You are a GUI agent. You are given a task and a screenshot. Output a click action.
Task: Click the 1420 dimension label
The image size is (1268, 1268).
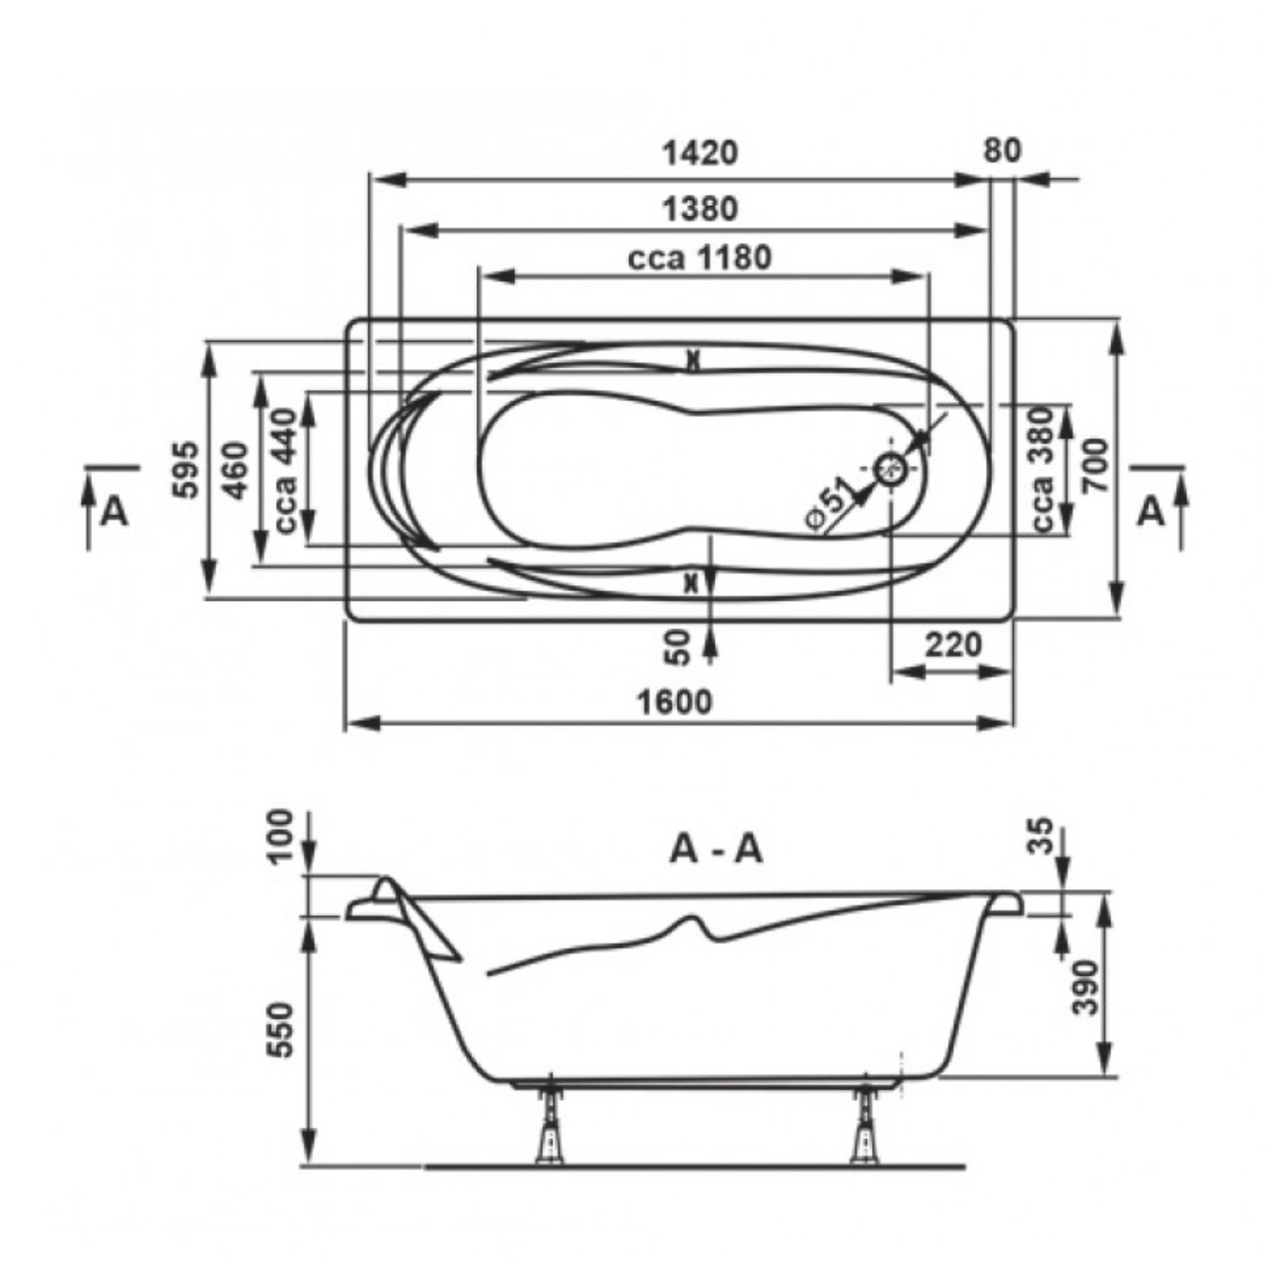(700, 153)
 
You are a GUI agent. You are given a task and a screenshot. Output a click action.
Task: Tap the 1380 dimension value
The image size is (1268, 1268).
(700, 209)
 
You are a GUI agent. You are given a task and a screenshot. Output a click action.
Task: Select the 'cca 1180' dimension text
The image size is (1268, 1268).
(699, 258)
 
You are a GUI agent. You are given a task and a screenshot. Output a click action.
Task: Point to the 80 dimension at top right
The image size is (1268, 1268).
(1003, 151)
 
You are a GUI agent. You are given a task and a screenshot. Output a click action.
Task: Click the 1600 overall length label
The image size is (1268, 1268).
(675, 701)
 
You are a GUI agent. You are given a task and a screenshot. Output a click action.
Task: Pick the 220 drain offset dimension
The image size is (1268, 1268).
(953, 645)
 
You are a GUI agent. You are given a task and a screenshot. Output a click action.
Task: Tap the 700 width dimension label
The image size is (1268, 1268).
(1096, 466)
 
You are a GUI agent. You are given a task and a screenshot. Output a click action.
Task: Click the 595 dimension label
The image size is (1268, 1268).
(186, 469)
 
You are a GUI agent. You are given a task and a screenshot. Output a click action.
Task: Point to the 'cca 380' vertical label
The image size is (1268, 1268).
(1043, 469)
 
